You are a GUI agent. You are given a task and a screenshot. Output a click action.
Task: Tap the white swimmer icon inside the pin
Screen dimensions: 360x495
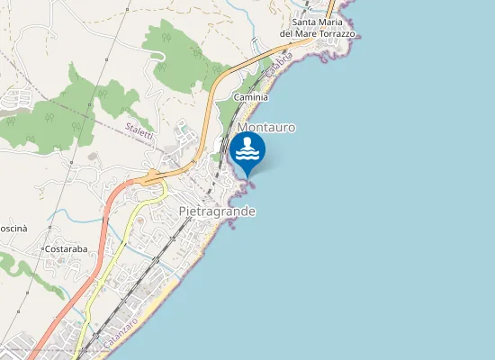click(247, 149)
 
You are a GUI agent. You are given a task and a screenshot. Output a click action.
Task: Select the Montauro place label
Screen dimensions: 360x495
click(266, 128)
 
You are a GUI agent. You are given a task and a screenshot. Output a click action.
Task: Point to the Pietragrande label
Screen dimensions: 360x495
click(217, 211)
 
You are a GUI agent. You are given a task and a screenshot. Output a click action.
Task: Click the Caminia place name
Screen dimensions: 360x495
click(251, 96)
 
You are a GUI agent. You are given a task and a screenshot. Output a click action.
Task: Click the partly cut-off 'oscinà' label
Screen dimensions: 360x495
click(13, 229)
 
